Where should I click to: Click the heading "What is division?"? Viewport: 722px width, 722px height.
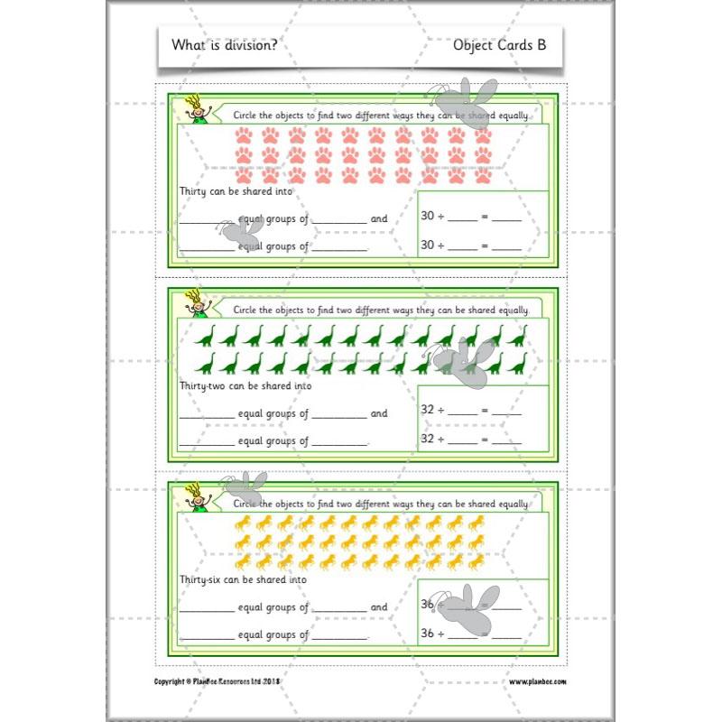(225, 45)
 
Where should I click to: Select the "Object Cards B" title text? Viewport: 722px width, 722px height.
(499, 45)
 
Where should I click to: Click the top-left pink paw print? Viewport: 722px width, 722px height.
(245, 135)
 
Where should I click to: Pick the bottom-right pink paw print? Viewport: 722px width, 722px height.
(483, 175)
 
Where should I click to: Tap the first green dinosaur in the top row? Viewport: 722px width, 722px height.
(207, 336)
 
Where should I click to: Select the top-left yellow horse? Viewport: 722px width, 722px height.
(243, 523)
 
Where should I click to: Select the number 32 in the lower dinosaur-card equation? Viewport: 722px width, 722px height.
(430, 440)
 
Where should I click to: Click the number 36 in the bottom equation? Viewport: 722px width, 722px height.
(430, 634)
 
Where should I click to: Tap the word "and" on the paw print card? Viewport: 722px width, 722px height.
(379, 218)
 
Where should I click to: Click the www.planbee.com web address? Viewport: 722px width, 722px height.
(543, 682)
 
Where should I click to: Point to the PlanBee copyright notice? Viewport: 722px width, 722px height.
(218, 682)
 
